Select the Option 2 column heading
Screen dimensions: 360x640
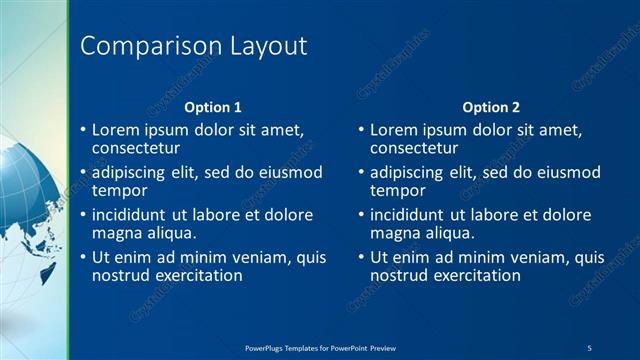coord(492,107)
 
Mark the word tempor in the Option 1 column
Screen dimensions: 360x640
coord(120,190)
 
